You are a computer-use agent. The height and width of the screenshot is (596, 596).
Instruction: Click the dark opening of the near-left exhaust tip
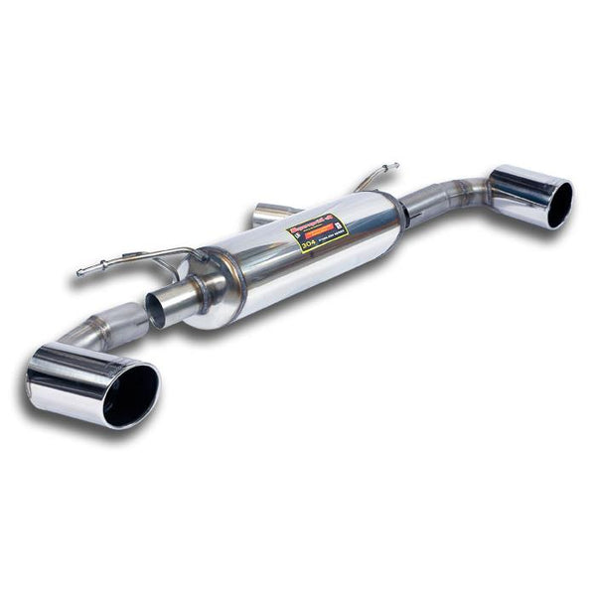pyautogui.click(x=129, y=392)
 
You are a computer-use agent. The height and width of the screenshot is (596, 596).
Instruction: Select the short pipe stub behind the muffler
pyautogui.click(x=266, y=213)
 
